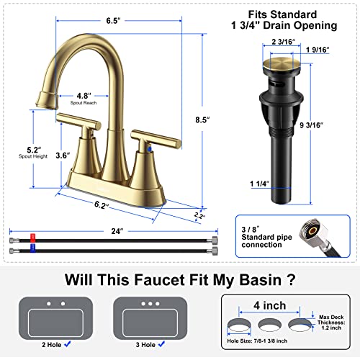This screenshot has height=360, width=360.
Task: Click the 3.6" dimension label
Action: (63, 153)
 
